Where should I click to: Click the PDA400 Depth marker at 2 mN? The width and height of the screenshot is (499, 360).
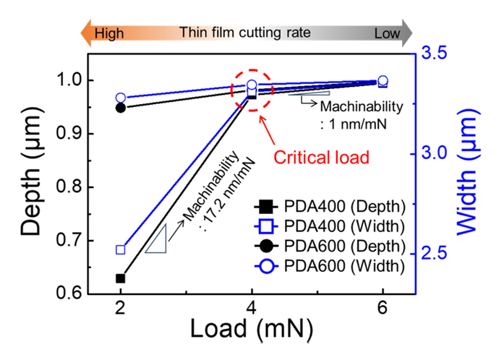pos(121,278)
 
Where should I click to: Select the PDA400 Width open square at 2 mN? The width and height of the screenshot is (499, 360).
pos(121,249)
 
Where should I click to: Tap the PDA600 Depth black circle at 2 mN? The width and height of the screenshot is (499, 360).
pos(121,108)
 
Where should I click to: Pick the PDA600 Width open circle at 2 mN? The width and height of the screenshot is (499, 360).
pos(121,98)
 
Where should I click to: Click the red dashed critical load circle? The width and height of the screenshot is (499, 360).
pos(252,89)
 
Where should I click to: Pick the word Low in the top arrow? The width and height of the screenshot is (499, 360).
pos(388,33)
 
